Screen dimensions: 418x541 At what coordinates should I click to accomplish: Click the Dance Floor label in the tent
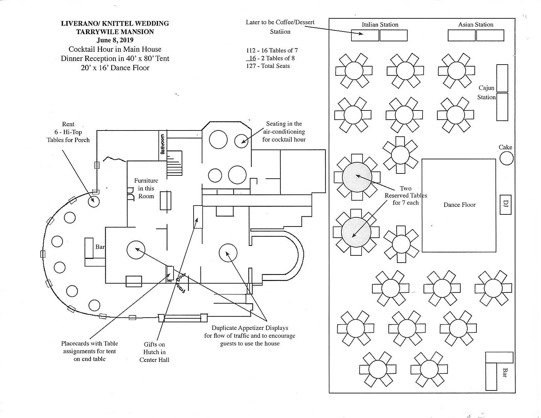click(x=459, y=205)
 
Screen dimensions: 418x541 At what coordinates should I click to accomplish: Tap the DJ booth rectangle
click(x=506, y=205)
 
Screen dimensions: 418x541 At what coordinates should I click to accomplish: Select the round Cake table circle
click(x=506, y=159)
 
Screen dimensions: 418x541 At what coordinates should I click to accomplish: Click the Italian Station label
click(x=380, y=25)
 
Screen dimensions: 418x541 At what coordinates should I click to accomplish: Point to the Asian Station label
click(x=476, y=25)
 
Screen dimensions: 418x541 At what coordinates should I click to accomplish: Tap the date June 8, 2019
click(x=115, y=40)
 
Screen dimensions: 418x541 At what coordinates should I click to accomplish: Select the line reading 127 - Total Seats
click(x=268, y=66)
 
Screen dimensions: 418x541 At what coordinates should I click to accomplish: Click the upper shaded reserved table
click(x=357, y=177)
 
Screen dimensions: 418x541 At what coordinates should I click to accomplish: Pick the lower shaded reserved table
click(x=356, y=232)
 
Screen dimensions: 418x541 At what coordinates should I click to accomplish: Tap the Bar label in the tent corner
click(x=505, y=372)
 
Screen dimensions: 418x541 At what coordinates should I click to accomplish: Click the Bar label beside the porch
click(x=100, y=247)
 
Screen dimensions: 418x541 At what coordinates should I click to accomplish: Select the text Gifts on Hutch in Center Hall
click(x=154, y=352)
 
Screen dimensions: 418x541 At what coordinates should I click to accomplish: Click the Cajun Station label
click(x=486, y=92)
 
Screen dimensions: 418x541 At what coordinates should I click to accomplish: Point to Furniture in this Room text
click(x=146, y=189)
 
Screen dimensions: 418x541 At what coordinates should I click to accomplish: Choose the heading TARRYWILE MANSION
click(x=115, y=32)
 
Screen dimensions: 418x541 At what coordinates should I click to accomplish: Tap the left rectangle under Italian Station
click(x=365, y=35)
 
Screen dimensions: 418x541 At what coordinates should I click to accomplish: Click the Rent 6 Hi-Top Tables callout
click(x=68, y=132)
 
